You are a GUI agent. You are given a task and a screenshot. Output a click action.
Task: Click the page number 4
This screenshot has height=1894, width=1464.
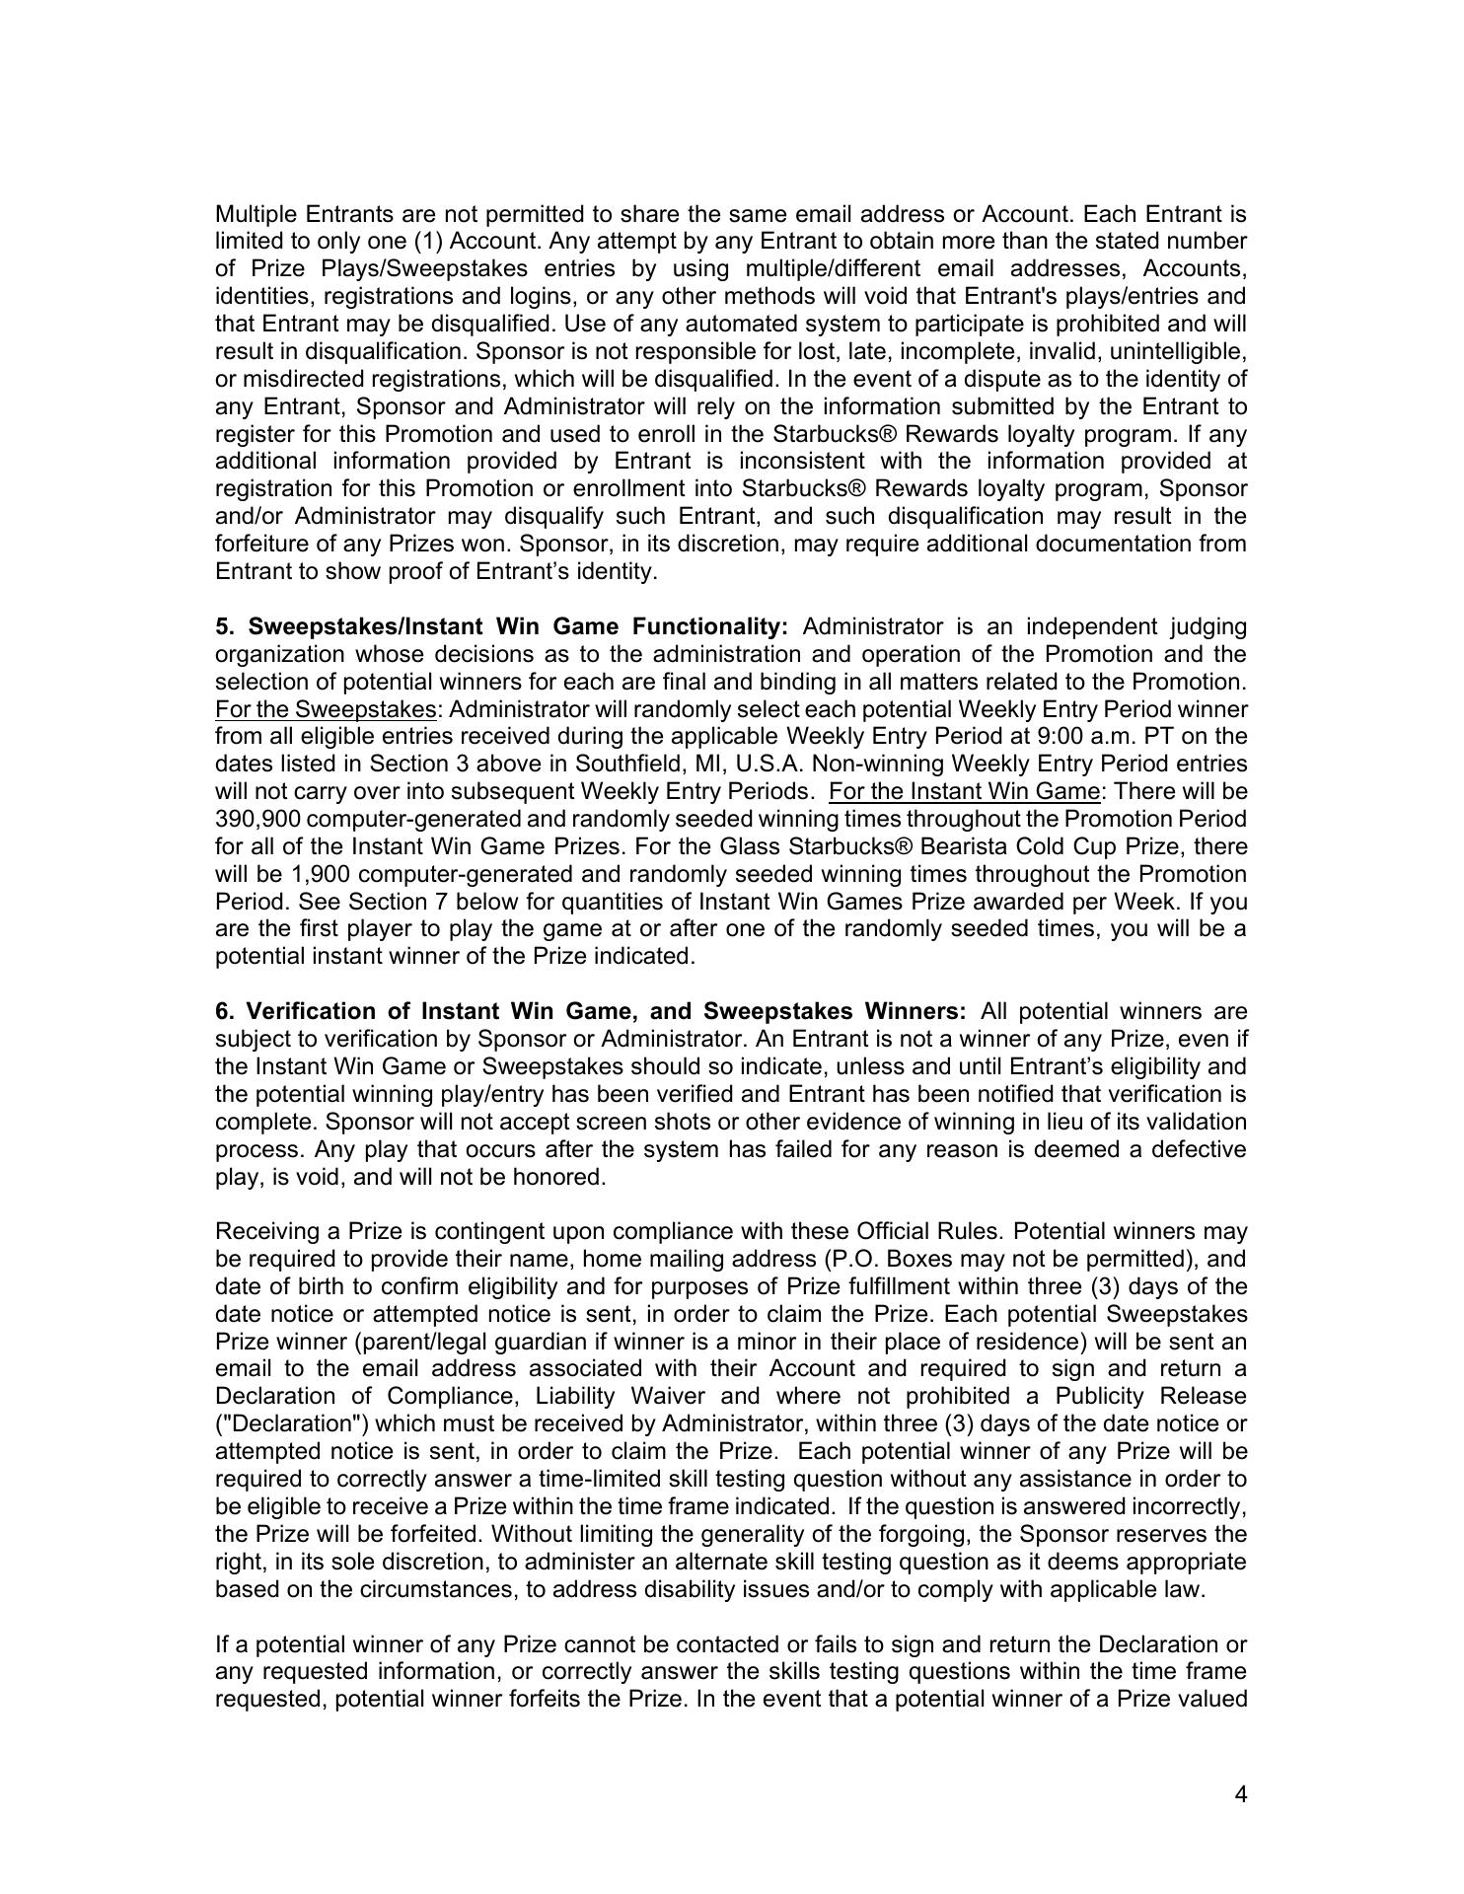[x=1240, y=1794]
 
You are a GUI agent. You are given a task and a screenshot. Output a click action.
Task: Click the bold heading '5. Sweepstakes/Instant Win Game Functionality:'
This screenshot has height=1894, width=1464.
[x=502, y=626]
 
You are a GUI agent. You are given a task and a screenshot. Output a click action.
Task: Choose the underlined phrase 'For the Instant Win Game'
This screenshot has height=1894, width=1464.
[x=964, y=791]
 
